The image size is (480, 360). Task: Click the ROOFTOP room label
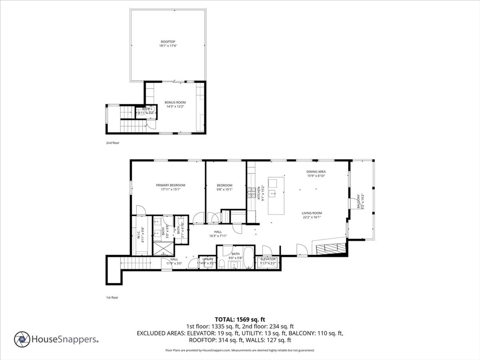pos(168,42)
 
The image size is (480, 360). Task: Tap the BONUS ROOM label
pos(175,102)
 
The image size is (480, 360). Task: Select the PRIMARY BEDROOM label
pos(171,185)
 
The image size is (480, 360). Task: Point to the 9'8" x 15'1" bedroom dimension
pos(225,189)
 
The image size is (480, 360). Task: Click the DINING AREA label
pos(316,172)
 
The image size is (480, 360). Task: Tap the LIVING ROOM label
pos(312,213)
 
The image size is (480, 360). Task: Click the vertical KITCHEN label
pos(259,193)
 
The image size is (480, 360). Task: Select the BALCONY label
pos(359,202)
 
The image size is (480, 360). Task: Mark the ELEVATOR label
pos(268,259)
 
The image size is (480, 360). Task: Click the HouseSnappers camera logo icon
pos(22,339)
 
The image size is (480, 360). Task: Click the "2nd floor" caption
pos(112,142)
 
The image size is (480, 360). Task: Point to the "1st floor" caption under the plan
pos(112,297)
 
